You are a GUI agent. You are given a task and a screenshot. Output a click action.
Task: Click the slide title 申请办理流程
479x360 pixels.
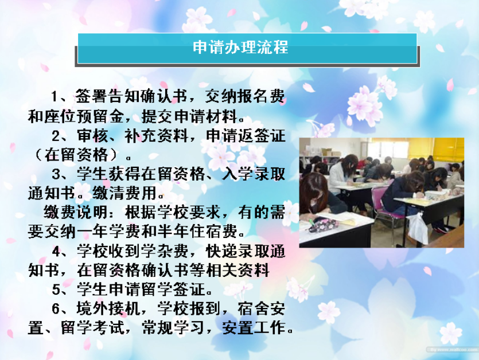pos(240,48)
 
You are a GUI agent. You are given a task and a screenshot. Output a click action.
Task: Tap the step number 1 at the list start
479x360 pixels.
pos(54,96)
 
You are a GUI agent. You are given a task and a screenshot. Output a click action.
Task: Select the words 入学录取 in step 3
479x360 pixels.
pos(254,174)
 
